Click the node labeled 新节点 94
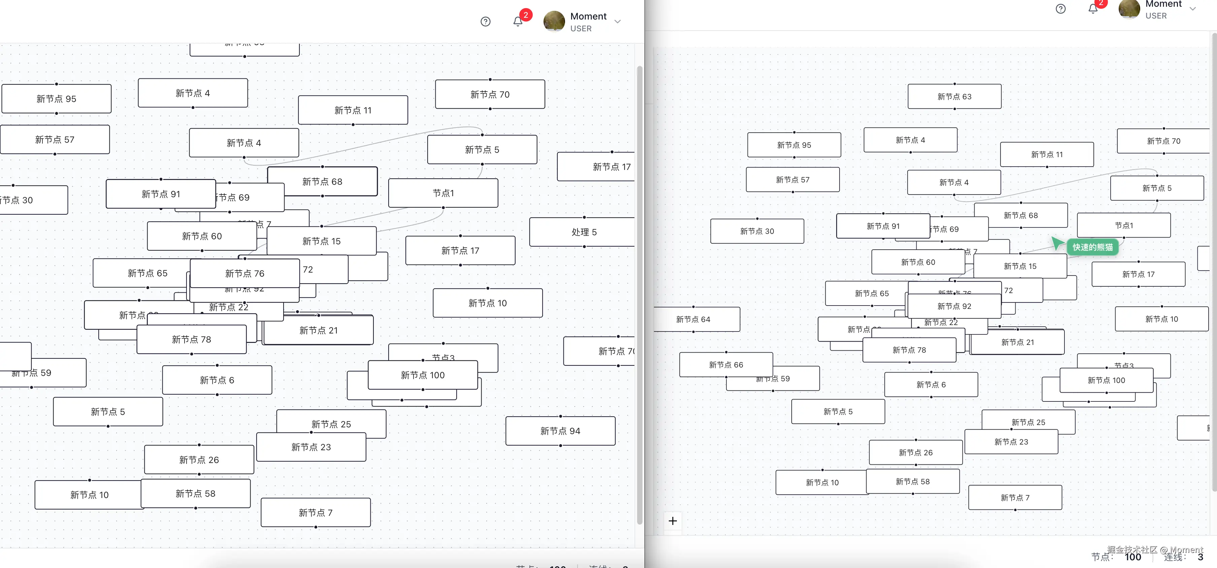(560, 431)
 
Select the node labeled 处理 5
(584, 232)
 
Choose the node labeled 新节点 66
(726, 364)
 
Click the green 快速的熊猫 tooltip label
(1092, 247)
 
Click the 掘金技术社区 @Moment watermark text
(1155, 549)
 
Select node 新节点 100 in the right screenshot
(1106, 380)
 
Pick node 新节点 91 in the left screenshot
(161, 194)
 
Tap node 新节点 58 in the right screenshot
(912, 482)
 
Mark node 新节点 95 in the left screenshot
(56, 99)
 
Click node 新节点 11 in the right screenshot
(1047, 154)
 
